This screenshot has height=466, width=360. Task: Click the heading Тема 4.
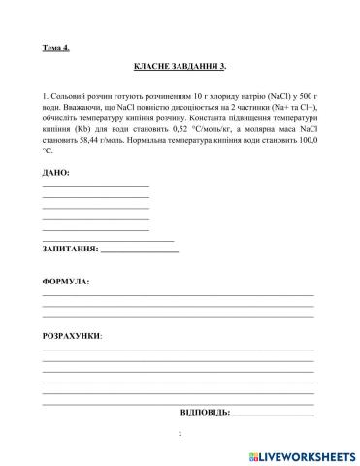56,46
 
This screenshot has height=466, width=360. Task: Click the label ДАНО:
56,172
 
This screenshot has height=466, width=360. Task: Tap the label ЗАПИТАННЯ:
70,250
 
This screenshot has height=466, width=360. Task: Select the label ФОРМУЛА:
65,282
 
